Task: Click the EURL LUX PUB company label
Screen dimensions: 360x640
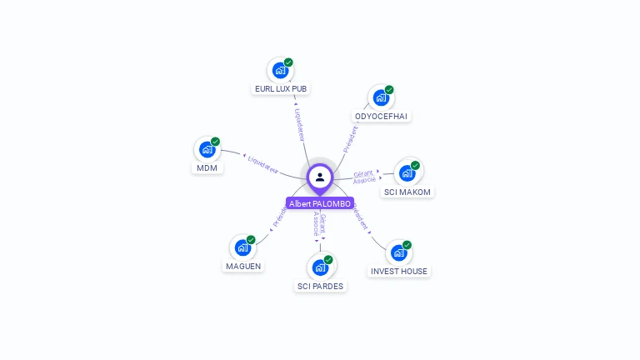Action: pyautogui.click(x=282, y=88)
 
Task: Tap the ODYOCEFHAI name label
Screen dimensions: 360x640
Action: pyautogui.click(x=381, y=116)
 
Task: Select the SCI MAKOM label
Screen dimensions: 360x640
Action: pyautogui.click(x=407, y=192)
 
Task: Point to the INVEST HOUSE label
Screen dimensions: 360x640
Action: pyautogui.click(x=399, y=271)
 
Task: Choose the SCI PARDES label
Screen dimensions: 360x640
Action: pyautogui.click(x=320, y=286)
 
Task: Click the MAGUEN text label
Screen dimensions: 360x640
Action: pyautogui.click(x=243, y=266)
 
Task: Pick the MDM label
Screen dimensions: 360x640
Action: pyautogui.click(x=206, y=167)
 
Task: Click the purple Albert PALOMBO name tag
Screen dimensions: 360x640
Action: pyautogui.click(x=320, y=203)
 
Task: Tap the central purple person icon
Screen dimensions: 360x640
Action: pyautogui.click(x=320, y=177)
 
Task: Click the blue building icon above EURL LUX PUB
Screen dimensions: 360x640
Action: pyautogui.click(x=280, y=71)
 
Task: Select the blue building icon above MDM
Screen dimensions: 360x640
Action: pyautogui.click(x=207, y=150)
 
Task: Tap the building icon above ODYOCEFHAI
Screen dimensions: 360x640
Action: pyautogui.click(x=381, y=98)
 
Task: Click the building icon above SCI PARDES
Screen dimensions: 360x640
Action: pyautogui.click(x=320, y=268)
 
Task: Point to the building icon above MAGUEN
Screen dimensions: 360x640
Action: pyautogui.click(x=242, y=248)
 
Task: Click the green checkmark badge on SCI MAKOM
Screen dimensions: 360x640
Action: pyautogui.click(x=415, y=165)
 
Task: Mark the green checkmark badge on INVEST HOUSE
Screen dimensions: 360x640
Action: pyautogui.click(x=407, y=245)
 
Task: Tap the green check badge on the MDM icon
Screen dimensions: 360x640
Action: pyautogui.click(x=215, y=142)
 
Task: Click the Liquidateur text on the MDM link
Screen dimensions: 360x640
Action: pyautogui.click(x=262, y=162)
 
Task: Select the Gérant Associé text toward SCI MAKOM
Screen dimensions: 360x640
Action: pyautogui.click(x=364, y=177)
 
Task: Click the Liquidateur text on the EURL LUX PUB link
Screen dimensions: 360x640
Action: pyautogui.click(x=299, y=124)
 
